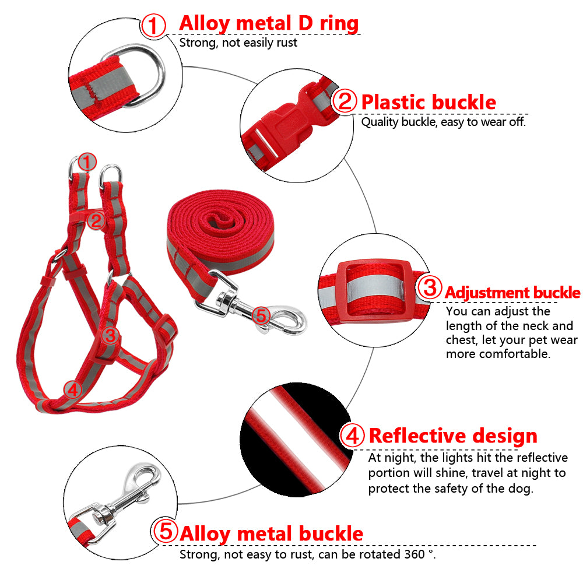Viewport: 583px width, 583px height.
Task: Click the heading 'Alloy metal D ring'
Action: pyautogui.click(x=268, y=23)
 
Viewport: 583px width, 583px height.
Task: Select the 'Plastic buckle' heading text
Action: pyautogui.click(x=429, y=102)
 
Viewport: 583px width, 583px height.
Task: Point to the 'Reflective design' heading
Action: pyautogui.click(x=453, y=436)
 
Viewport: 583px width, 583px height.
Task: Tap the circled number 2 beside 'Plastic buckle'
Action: pyautogui.click(x=345, y=102)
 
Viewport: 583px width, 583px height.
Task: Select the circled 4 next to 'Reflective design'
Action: pyautogui.click(x=352, y=436)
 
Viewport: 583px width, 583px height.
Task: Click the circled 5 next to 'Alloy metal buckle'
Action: pyautogui.click(x=165, y=532)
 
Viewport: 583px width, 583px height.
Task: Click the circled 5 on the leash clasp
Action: pyautogui.click(x=261, y=316)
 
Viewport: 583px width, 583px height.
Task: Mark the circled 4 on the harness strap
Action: pyautogui.click(x=72, y=389)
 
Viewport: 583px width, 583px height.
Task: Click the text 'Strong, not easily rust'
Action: pyautogui.click(x=238, y=42)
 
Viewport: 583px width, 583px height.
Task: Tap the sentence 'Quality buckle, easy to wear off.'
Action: pyautogui.click(x=443, y=122)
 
